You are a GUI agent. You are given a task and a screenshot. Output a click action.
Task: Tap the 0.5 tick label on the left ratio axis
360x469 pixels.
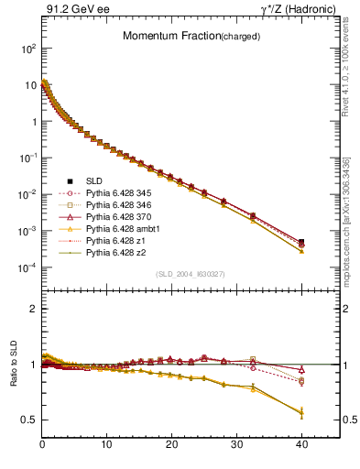[x=29, y=420]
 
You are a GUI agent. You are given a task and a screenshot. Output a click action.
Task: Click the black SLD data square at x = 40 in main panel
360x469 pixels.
[x=301, y=242]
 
